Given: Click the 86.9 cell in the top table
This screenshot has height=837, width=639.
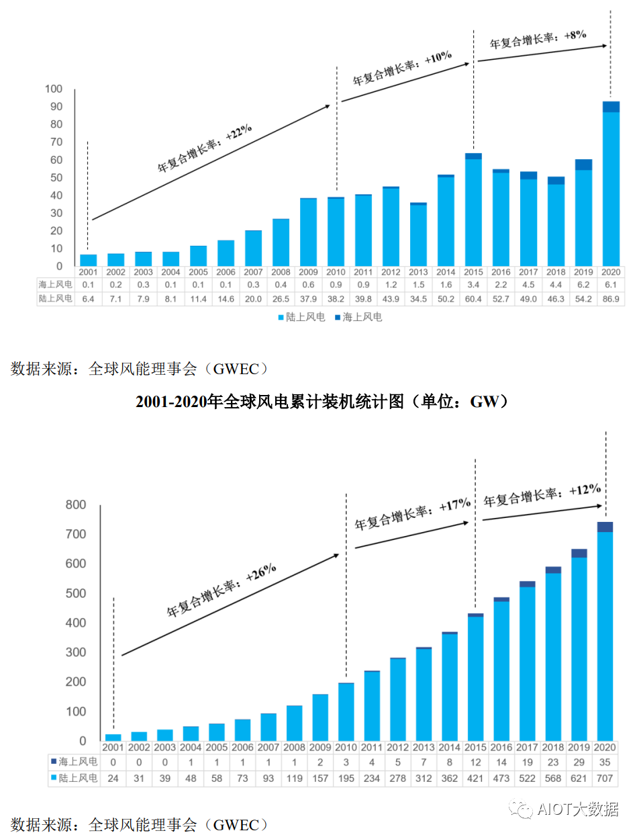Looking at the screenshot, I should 611,298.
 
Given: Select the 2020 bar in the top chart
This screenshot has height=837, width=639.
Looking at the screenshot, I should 611,185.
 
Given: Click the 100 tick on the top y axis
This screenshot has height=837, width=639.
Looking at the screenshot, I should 53,89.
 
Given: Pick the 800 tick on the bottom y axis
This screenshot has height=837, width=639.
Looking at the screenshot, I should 75,505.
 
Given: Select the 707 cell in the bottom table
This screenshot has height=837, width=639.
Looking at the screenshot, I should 605,778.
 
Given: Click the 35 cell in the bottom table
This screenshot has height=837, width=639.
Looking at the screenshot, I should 605,761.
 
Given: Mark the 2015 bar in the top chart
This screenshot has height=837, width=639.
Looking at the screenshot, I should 473,210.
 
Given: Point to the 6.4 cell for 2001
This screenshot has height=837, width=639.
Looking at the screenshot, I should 88,298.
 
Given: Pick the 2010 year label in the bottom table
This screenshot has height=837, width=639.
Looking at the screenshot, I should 346,746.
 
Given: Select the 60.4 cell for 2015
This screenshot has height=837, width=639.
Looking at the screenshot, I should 473,298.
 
